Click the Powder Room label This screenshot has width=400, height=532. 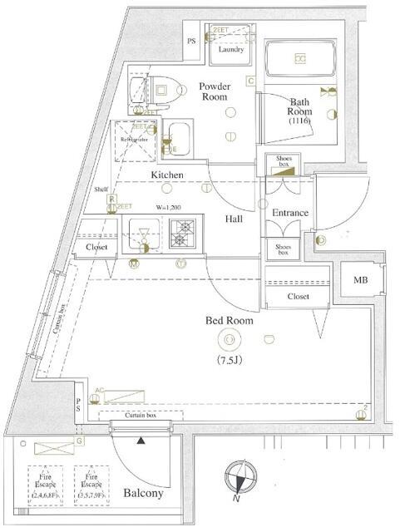(214, 90)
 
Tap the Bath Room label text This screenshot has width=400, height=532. (300, 106)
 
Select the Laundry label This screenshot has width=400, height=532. (231, 49)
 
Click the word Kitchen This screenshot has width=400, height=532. (167, 175)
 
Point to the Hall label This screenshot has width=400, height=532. (234, 219)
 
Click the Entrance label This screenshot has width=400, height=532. (290, 213)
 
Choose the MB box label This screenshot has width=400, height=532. (360, 280)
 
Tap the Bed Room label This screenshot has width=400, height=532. (230, 319)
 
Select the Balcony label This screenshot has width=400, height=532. (144, 493)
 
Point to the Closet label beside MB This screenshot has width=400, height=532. (298, 296)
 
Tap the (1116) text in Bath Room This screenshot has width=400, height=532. (299, 121)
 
